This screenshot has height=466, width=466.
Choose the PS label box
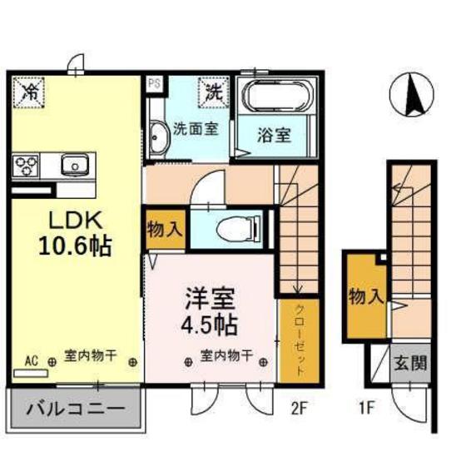(x=154, y=83)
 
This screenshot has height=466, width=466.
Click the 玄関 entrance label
(x=410, y=364)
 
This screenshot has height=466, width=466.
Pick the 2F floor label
(x=300, y=409)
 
